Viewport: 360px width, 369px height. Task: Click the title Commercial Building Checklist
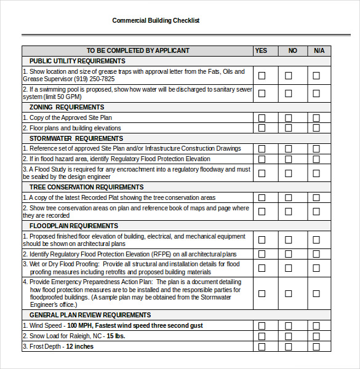[x=156, y=20]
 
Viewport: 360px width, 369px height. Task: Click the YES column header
[x=261, y=50]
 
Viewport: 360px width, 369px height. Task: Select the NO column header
[x=292, y=50]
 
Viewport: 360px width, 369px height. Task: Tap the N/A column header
[x=319, y=50]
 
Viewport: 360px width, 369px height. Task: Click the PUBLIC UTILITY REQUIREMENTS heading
[x=77, y=61]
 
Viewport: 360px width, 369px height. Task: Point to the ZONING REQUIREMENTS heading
[x=66, y=108]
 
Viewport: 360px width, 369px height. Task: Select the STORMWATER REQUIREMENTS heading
[x=76, y=138]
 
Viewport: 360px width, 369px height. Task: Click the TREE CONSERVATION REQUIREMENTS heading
[x=86, y=187]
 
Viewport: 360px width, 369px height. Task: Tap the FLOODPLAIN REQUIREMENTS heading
[x=73, y=226]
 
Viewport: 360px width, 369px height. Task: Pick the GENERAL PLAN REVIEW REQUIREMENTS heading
[x=90, y=315]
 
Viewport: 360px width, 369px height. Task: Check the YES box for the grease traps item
[x=262, y=76]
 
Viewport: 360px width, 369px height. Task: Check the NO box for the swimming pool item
[x=289, y=93]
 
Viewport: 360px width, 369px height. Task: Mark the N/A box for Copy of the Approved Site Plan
[x=316, y=118]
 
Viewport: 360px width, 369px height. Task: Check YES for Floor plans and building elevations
[x=262, y=128]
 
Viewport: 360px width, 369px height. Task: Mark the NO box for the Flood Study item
[x=289, y=173]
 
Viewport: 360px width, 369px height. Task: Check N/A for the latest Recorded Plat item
[x=316, y=198]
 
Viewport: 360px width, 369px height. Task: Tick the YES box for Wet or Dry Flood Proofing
[x=262, y=268]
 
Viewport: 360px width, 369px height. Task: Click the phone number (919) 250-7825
[x=94, y=79]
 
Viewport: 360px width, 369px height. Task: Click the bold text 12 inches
[x=79, y=346]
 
